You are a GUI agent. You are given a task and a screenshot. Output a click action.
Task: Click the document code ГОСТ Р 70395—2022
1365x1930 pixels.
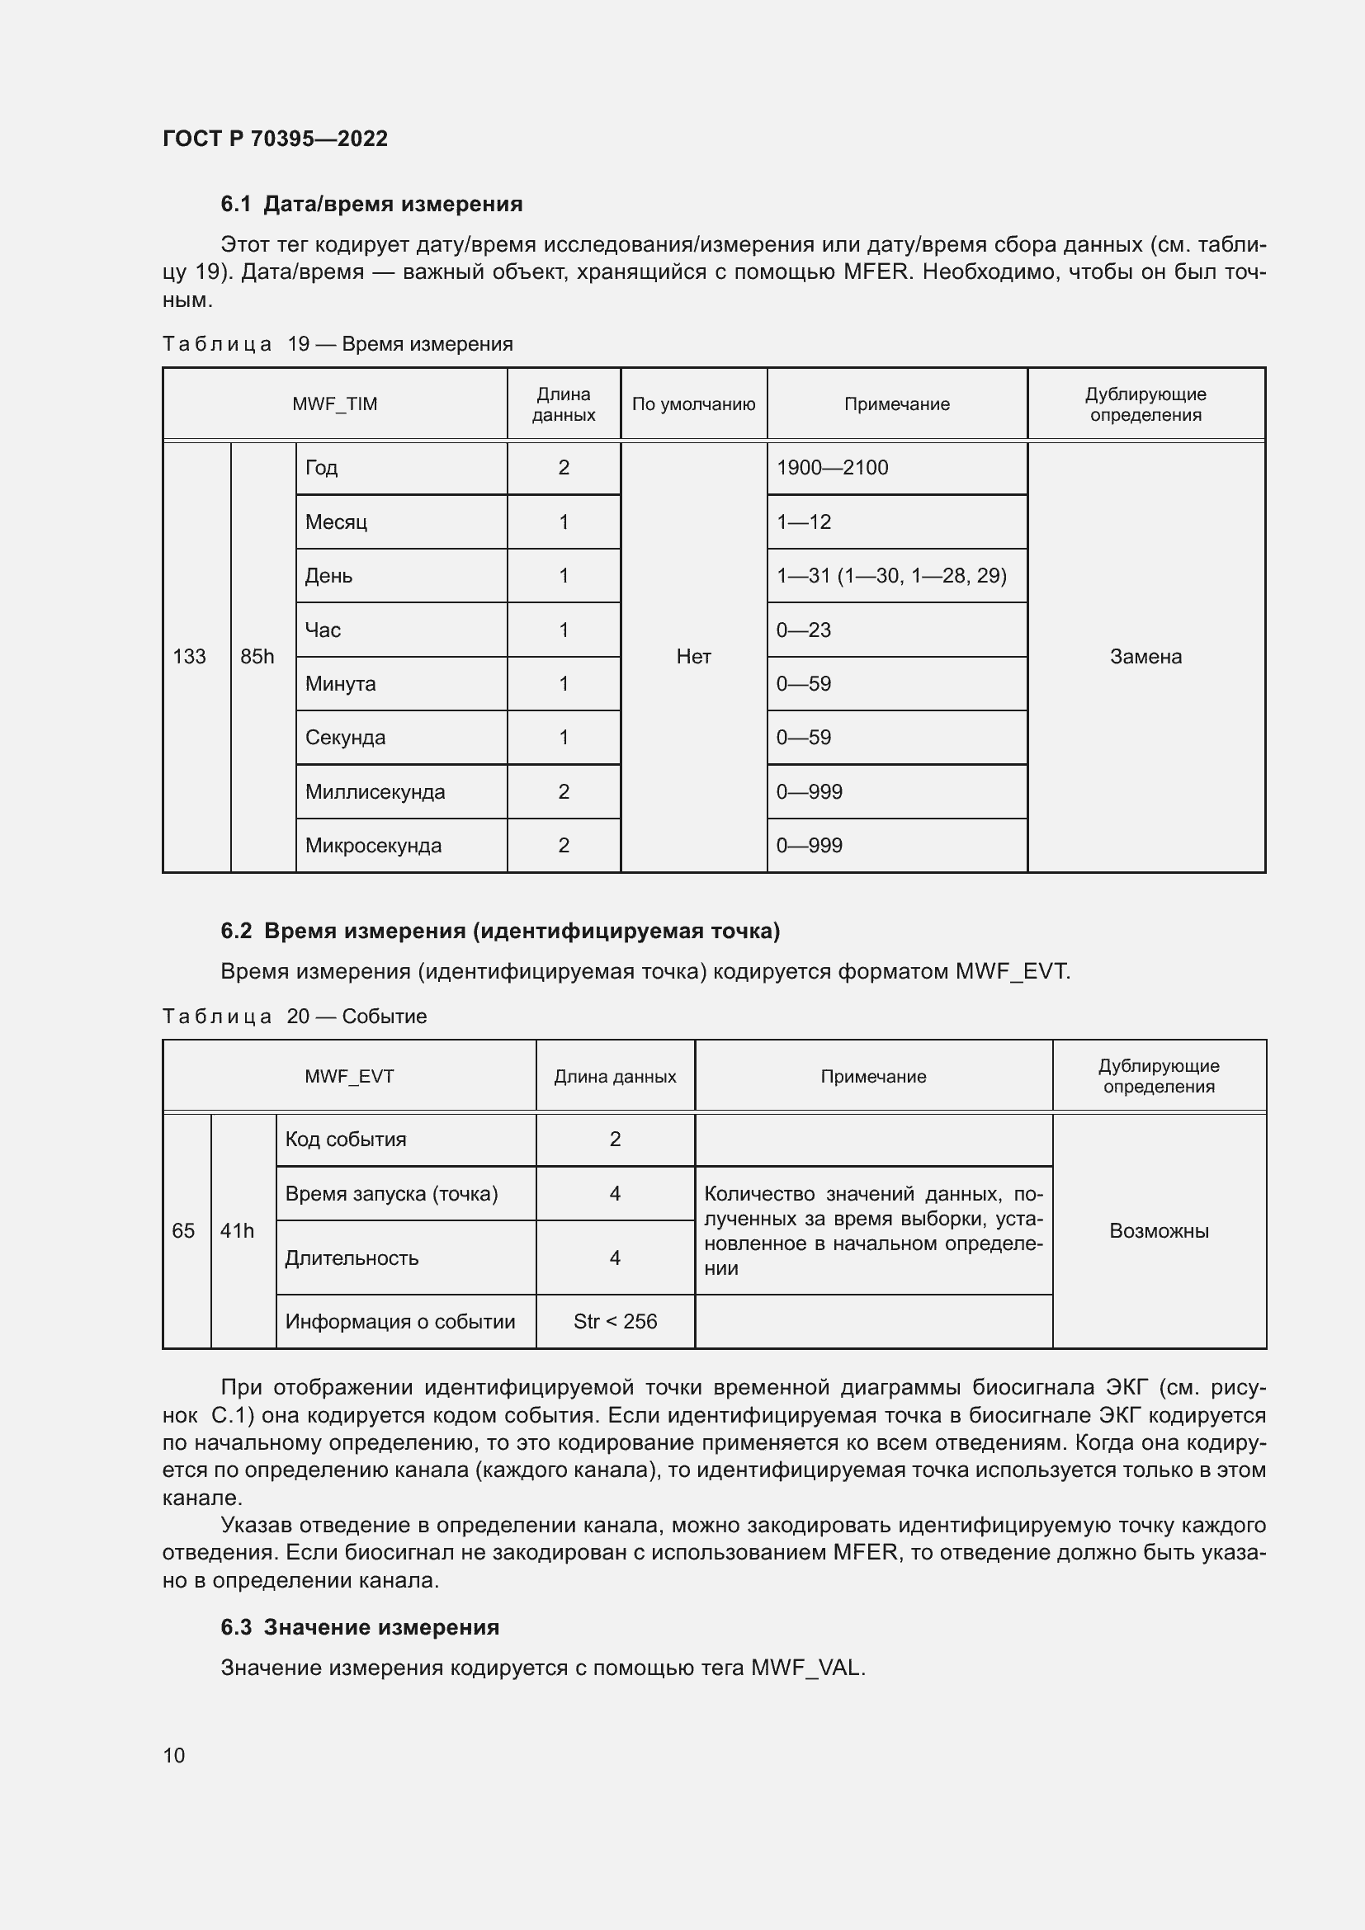click(x=275, y=139)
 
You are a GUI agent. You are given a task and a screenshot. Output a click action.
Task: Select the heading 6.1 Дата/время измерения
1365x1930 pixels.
click(x=371, y=204)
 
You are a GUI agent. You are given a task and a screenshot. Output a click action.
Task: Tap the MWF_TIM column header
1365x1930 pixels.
click(x=334, y=404)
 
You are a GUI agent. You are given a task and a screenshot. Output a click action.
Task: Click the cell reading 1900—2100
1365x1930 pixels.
click(x=832, y=467)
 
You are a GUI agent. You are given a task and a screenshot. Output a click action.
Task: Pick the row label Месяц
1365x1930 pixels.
click(x=336, y=522)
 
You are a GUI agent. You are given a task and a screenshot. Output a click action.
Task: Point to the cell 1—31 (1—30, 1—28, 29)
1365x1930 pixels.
click(x=891, y=576)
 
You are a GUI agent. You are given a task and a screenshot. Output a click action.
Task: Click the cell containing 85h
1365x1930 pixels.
click(x=257, y=657)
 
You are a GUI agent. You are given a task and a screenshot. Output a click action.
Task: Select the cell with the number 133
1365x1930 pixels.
click(x=189, y=657)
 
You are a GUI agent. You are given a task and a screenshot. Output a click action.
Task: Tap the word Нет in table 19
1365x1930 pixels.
click(x=693, y=657)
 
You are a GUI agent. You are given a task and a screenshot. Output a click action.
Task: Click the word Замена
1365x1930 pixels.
click(x=1145, y=657)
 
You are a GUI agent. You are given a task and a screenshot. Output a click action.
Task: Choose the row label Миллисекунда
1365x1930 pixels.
click(x=375, y=792)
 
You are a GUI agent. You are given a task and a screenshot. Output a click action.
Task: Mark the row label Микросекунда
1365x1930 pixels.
click(x=373, y=846)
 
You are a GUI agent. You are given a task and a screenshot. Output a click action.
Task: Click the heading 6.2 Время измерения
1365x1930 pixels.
click(x=500, y=931)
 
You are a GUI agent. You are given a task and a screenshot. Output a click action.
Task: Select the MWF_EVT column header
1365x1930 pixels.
click(x=349, y=1077)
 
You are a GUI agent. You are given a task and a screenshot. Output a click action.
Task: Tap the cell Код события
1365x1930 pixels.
click(x=346, y=1139)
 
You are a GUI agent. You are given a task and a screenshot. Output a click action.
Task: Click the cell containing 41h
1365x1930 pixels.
click(x=237, y=1230)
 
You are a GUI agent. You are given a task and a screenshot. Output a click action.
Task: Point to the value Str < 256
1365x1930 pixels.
click(x=616, y=1321)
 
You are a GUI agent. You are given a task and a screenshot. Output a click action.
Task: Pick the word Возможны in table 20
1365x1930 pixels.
click(x=1159, y=1230)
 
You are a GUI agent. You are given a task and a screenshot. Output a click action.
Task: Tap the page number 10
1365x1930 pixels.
click(x=174, y=1755)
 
